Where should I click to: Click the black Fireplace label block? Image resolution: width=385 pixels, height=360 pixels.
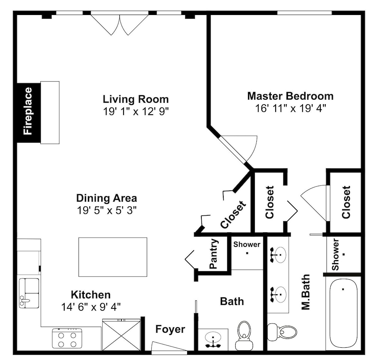click(29, 113)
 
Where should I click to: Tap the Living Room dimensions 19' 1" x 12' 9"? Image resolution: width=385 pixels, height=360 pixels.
click(136, 112)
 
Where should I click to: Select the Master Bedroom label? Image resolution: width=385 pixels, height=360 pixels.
click(290, 96)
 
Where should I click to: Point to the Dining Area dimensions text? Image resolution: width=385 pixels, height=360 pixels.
click(107, 210)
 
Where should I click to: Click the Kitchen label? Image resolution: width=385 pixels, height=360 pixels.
click(91, 295)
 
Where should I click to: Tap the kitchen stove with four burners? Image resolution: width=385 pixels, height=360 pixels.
click(67, 339)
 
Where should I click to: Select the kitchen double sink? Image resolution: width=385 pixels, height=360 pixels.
click(29, 293)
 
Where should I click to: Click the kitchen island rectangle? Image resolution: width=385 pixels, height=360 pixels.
click(113, 257)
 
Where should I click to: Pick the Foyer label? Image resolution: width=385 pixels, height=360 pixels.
click(170, 329)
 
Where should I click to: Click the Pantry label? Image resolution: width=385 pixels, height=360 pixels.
click(214, 254)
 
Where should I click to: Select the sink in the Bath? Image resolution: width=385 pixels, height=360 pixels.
click(213, 340)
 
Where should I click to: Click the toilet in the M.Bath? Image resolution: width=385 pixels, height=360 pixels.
click(282, 332)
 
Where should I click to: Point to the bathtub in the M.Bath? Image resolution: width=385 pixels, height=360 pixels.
click(343, 313)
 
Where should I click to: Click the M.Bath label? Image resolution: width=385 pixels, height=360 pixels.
click(306, 292)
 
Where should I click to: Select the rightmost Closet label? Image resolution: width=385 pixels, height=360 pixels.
click(346, 202)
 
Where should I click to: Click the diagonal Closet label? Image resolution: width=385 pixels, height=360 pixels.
click(233, 215)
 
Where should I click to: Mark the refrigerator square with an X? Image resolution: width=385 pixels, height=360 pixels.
click(121, 335)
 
